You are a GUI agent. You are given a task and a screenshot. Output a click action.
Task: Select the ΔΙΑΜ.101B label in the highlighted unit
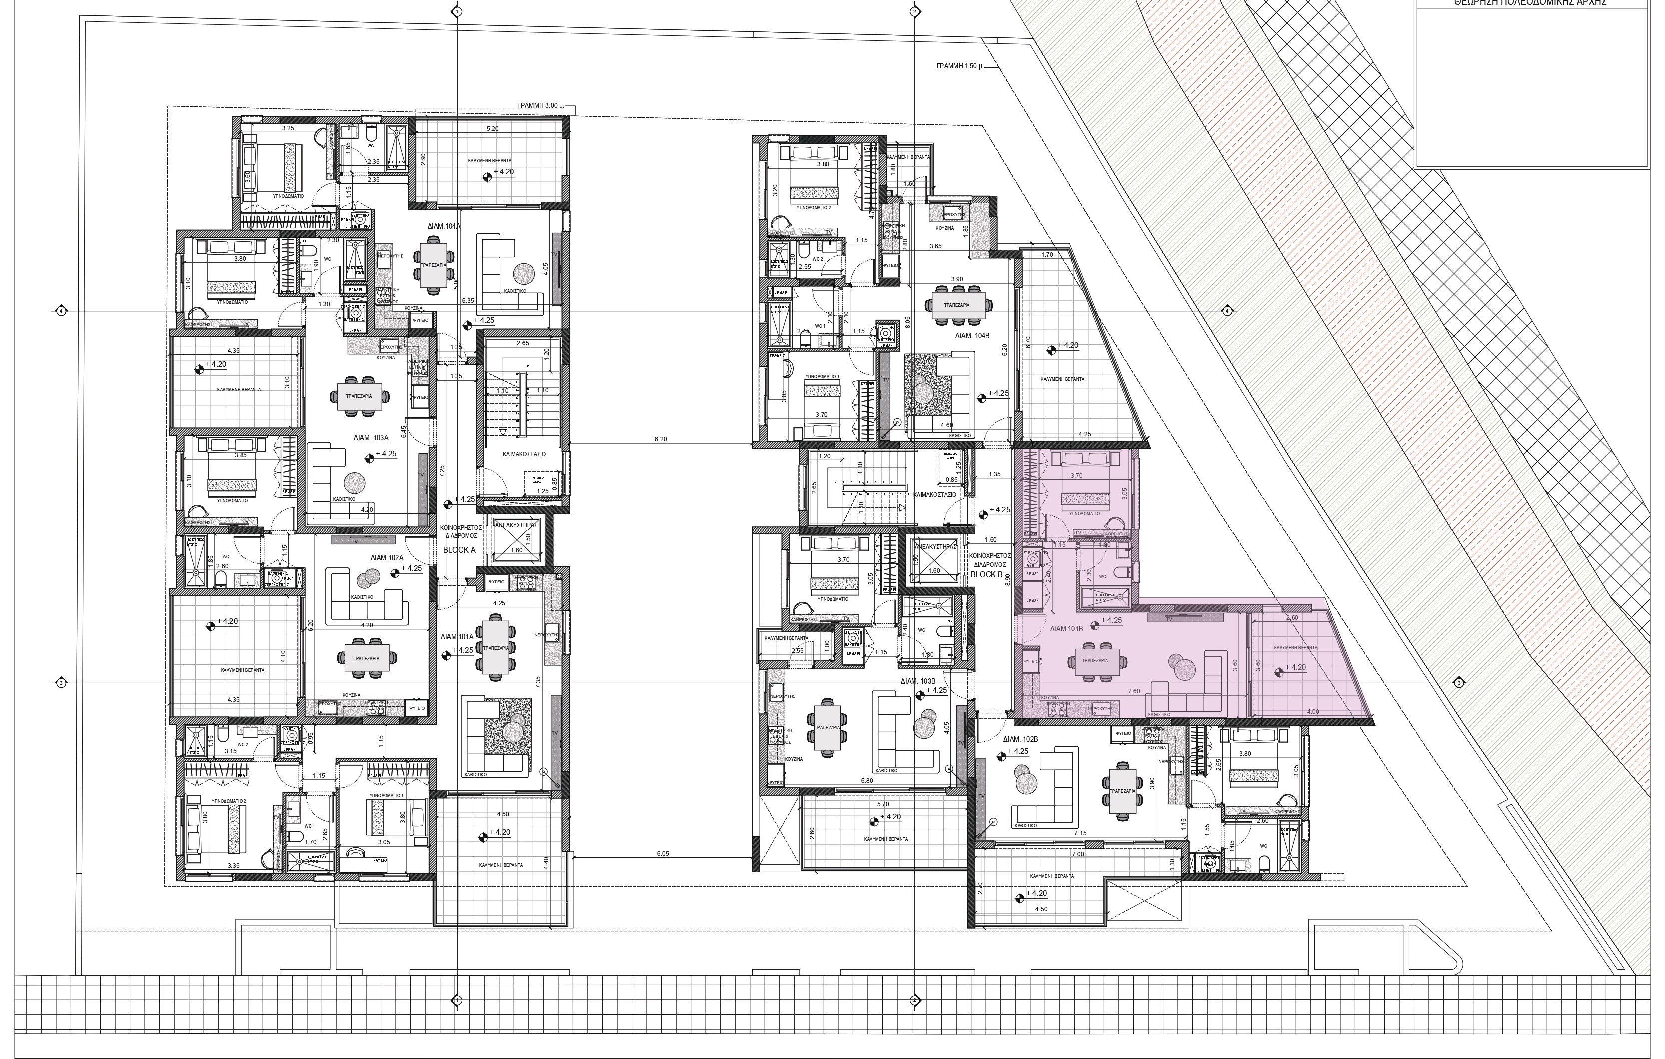(1066, 630)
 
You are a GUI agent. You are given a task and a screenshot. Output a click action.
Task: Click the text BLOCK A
(460, 551)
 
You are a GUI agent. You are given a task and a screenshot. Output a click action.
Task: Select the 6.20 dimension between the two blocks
(660, 439)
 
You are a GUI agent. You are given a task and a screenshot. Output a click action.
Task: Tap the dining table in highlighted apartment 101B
(1094, 661)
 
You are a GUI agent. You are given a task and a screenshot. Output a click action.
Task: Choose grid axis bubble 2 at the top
(914, 12)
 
